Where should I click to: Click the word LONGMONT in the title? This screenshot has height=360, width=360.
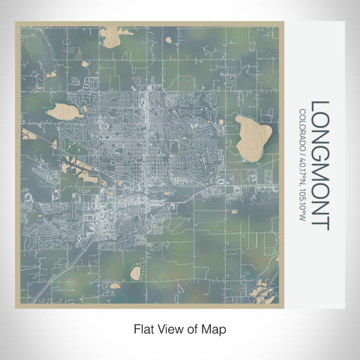click(x=319, y=165)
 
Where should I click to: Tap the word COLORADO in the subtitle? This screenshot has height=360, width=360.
click(x=302, y=127)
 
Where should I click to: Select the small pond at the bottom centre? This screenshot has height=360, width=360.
click(x=136, y=271)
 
